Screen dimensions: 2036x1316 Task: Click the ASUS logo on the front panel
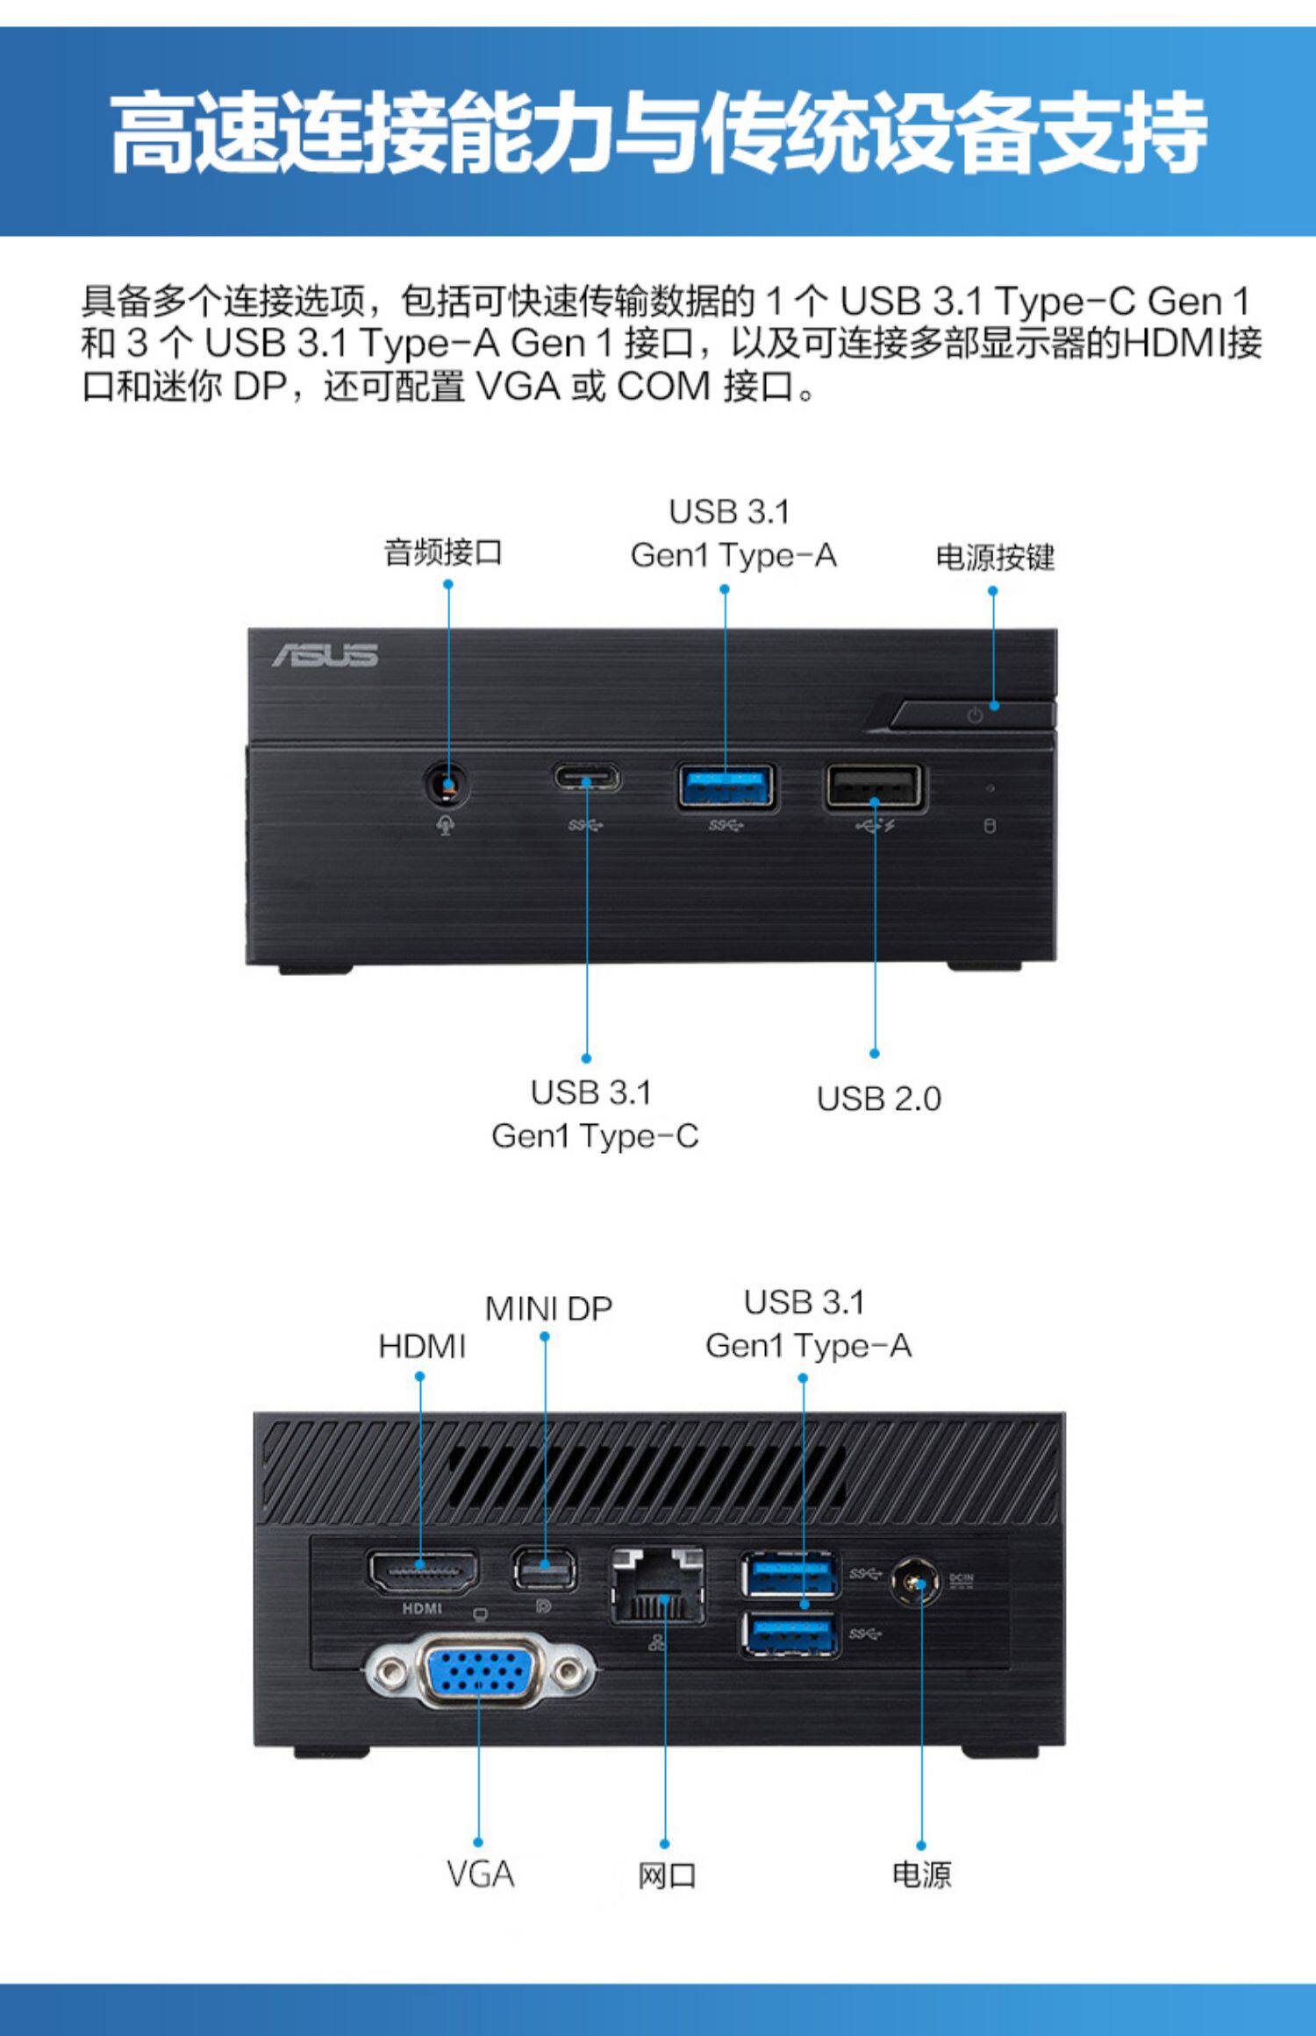[325, 655]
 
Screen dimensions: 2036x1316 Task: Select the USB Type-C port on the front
[586, 778]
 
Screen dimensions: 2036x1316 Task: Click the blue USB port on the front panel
[726, 787]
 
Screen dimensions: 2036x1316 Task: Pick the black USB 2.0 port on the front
[873, 787]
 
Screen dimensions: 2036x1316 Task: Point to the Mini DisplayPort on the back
[544, 1570]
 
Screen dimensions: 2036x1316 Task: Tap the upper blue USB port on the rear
[790, 1575]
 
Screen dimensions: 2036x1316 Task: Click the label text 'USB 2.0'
[878, 1099]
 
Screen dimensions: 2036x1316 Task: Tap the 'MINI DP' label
[548, 1308]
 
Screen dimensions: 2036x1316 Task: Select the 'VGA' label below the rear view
[480, 1875]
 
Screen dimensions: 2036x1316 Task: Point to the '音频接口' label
[443, 552]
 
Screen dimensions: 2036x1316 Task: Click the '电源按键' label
[995, 557]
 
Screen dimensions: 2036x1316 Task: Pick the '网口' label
[666, 1876]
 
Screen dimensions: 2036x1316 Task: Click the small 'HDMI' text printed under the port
[422, 1608]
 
